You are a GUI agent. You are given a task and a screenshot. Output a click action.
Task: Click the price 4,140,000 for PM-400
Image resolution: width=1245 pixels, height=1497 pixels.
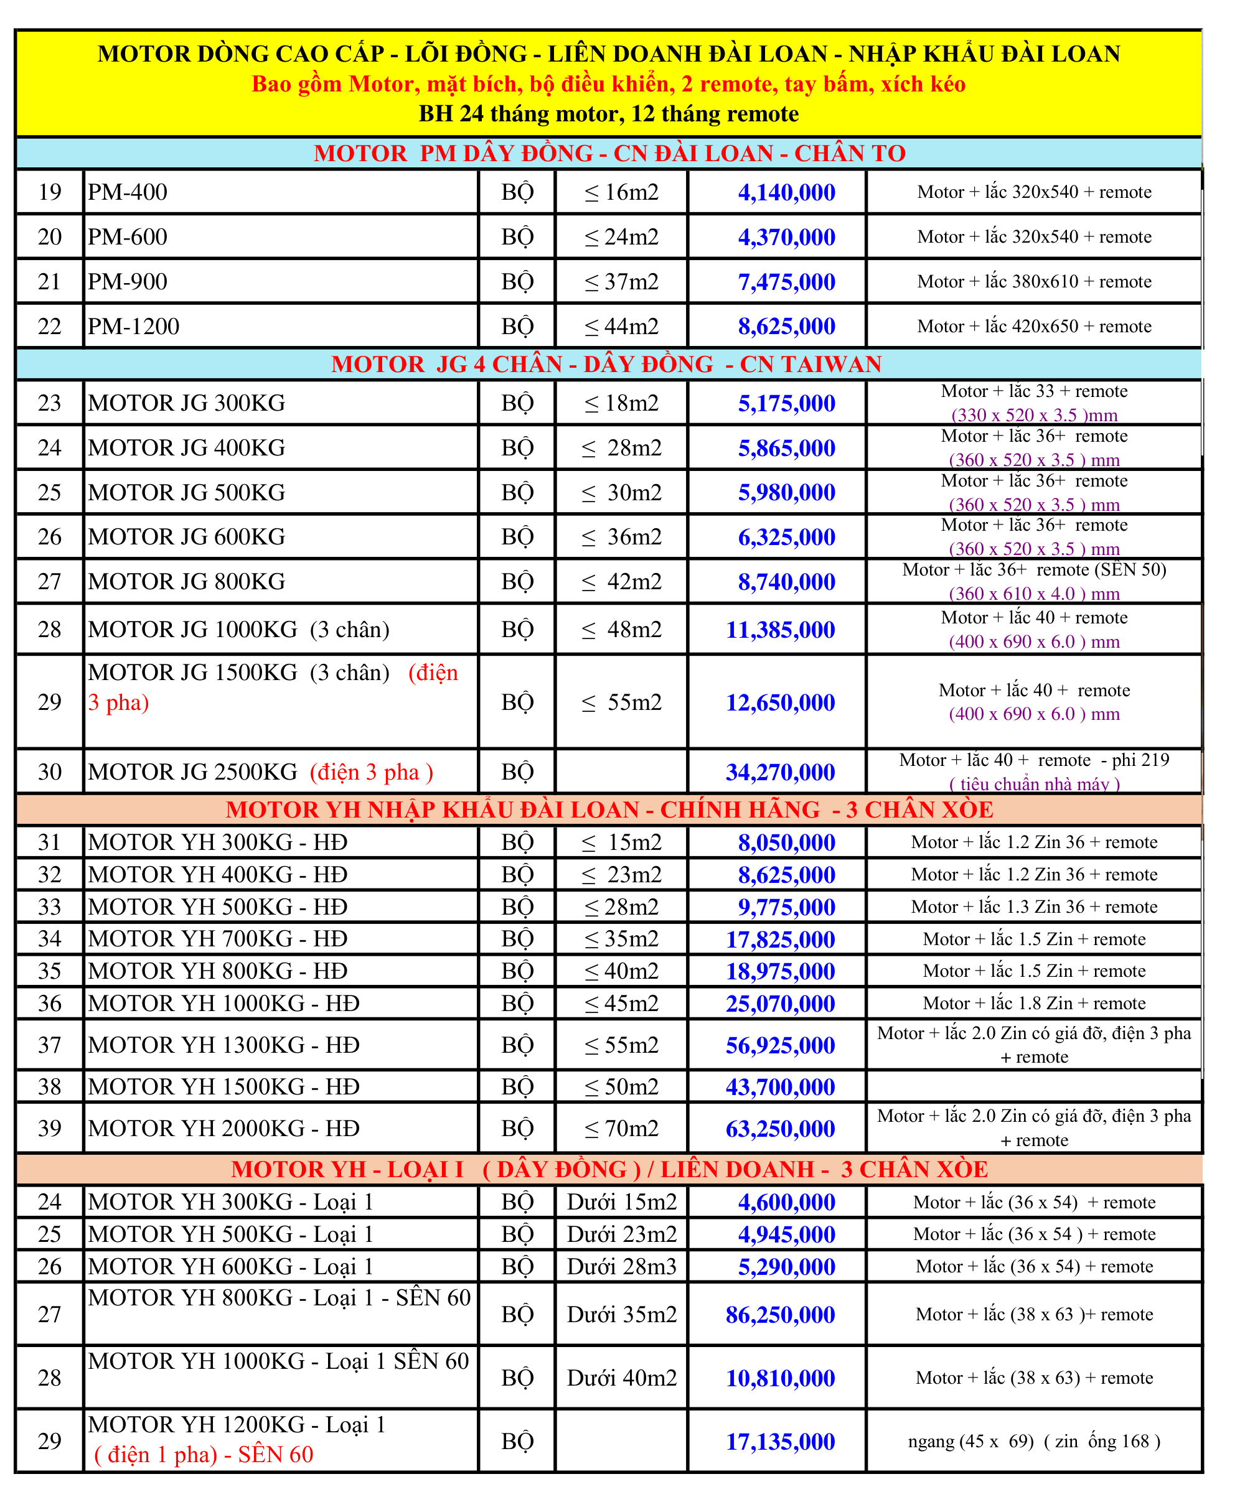click(x=786, y=192)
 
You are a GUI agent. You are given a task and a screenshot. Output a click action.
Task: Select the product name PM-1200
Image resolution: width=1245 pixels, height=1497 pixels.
click(x=133, y=327)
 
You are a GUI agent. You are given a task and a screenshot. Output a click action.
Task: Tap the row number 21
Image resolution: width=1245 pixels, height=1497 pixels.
click(x=49, y=282)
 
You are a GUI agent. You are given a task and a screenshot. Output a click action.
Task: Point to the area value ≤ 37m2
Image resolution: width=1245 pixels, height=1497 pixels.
click(x=621, y=282)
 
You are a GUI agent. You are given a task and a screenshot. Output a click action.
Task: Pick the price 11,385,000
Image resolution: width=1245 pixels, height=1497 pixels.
click(x=780, y=630)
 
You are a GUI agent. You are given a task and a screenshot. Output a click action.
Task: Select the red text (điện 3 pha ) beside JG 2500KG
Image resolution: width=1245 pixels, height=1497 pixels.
click(x=371, y=772)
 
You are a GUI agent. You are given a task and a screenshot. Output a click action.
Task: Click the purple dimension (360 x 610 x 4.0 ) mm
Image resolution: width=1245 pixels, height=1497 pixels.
click(x=1034, y=594)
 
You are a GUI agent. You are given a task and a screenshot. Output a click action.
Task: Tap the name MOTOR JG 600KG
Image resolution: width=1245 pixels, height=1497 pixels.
click(x=186, y=537)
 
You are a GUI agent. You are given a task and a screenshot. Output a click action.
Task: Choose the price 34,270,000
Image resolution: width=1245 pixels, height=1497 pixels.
click(x=780, y=772)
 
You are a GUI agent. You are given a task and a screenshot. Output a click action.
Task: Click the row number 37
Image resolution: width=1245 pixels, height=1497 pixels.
click(x=49, y=1045)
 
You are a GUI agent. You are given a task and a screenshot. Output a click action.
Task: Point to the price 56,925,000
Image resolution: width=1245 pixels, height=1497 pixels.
click(x=780, y=1046)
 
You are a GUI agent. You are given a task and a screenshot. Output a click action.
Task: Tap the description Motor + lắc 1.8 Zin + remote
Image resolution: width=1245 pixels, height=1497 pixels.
click(x=1034, y=1004)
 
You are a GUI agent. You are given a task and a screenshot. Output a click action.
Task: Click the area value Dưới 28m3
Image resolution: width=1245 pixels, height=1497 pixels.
click(x=621, y=1267)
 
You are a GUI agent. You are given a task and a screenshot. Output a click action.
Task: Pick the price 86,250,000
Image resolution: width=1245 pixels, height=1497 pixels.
click(x=780, y=1315)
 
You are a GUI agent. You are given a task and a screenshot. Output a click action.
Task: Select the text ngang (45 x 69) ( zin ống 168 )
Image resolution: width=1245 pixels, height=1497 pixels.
click(x=1034, y=1442)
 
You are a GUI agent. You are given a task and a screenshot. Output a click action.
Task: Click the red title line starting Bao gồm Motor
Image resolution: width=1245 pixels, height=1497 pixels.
click(x=608, y=84)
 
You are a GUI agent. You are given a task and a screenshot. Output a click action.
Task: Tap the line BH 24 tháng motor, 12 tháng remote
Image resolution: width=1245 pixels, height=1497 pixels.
click(x=608, y=114)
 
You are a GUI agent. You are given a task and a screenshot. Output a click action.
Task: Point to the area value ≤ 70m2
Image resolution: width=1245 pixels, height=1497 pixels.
click(x=621, y=1129)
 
